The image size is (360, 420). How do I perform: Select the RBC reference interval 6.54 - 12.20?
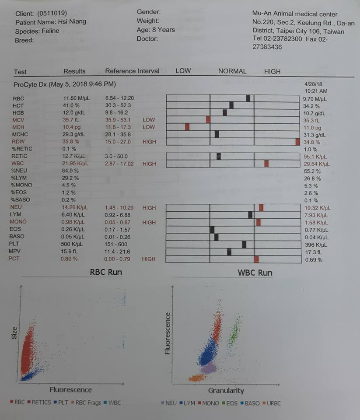119,98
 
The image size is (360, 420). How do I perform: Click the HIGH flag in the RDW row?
149,142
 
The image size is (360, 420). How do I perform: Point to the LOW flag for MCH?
149,127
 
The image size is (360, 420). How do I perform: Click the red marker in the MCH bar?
187,127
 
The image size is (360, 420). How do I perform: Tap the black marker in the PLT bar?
244,245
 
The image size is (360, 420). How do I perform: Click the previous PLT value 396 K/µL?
313,245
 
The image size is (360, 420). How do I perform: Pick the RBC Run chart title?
106,272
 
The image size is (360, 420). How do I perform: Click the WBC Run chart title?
255,273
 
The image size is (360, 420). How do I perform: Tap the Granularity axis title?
226,390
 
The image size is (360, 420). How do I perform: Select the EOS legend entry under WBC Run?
231,403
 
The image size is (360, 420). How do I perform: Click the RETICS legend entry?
41,402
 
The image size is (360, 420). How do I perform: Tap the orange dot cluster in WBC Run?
196,378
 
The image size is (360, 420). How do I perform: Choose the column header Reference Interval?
132,71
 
